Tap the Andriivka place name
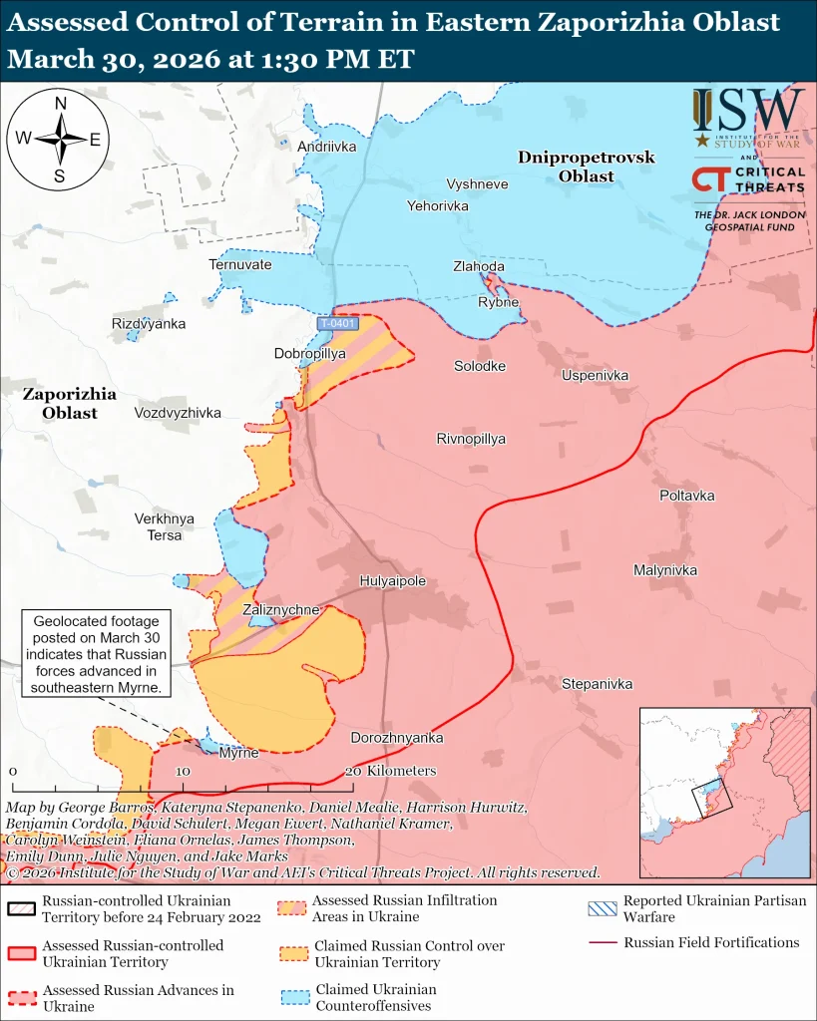click(x=326, y=147)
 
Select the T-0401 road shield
click(x=337, y=324)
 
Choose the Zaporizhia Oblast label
click(x=69, y=403)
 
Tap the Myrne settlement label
click(x=238, y=753)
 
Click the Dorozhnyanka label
click(x=396, y=738)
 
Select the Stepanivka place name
click(x=597, y=684)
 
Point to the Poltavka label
click(x=686, y=496)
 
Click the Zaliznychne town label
click(x=280, y=610)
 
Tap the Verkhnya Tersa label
click(x=165, y=526)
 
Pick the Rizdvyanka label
click(x=149, y=324)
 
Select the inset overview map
click(x=723, y=792)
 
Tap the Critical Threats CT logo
click(x=709, y=179)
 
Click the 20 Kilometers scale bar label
click(x=390, y=771)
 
